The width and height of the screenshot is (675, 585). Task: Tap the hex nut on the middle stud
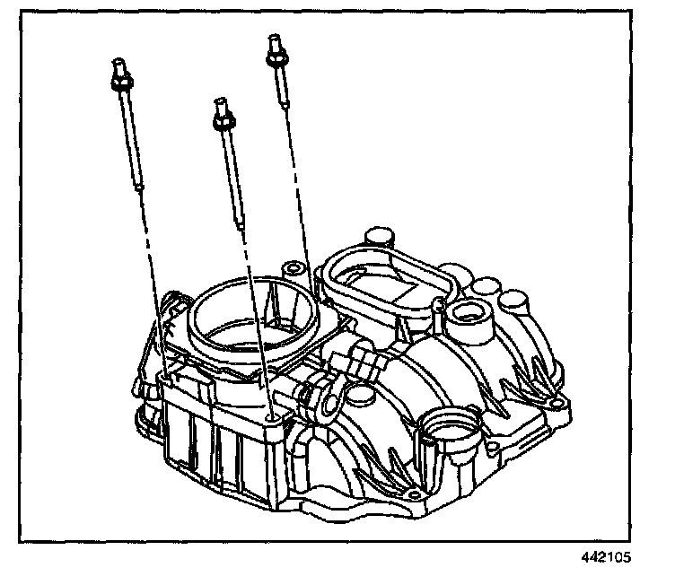pyautogui.click(x=222, y=117)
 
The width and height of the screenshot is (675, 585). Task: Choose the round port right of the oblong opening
pyautogui.click(x=468, y=315)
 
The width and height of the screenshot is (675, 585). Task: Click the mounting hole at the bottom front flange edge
pyautogui.click(x=411, y=496)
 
